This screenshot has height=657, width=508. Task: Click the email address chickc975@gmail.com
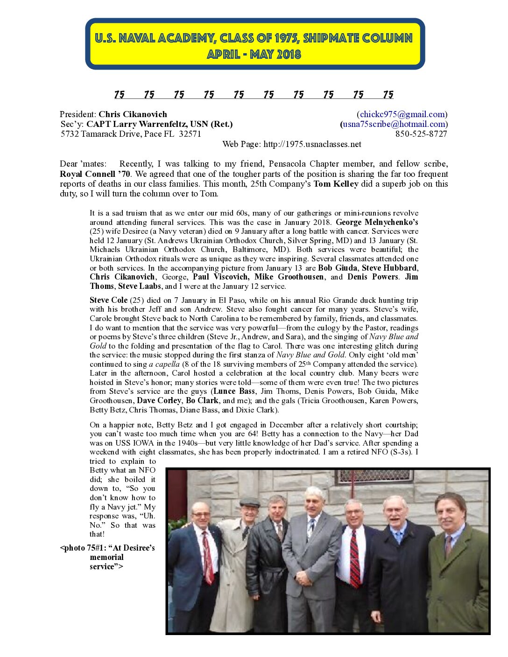(402, 114)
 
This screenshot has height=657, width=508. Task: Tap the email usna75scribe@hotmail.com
(394, 124)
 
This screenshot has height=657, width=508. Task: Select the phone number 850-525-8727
(421, 134)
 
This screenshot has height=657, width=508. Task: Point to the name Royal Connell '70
(95, 174)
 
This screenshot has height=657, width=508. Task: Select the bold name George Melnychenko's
(377, 222)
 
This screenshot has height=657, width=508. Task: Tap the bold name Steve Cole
(108, 300)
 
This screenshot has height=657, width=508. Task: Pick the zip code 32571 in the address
(190, 134)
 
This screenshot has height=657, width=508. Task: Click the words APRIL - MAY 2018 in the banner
(254, 55)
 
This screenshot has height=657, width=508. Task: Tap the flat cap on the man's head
(249, 503)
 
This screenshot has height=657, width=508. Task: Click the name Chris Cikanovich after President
(133, 114)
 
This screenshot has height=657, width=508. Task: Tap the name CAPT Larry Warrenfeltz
(148, 124)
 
